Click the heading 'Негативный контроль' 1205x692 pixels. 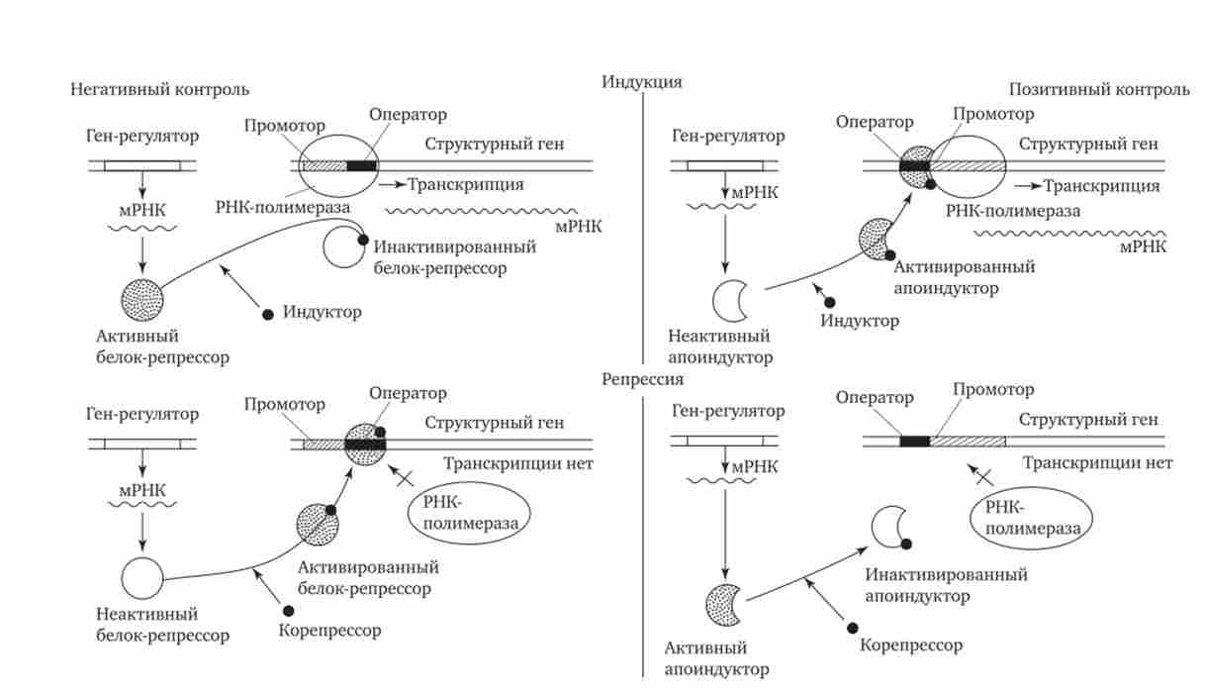pyautogui.click(x=158, y=90)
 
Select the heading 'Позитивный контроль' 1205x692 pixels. pyautogui.click(x=1098, y=90)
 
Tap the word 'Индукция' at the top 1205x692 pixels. pyautogui.click(x=642, y=82)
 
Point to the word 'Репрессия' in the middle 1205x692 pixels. pyautogui.click(x=642, y=379)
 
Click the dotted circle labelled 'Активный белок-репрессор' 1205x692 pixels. pyautogui.click(x=142, y=296)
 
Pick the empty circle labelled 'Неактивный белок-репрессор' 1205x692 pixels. pyautogui.click(x=142, y=577)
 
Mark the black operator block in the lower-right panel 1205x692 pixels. pyautogui.click(x=915, y=442)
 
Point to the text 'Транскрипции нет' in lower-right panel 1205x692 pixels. pyautogui.click(x=1098, y=463)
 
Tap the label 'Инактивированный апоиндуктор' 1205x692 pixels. pyautogui.click(x=946, y=585)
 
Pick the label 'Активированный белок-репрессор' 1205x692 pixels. pyautogui.click(x=367, y=578)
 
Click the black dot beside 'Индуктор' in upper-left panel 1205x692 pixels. pyautogui.click(x=267, y=314)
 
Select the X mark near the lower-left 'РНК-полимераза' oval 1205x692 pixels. pyautogui.click(x=404, y=479)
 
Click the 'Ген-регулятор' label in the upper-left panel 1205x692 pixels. pyautogui.click(x=142, y=136)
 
